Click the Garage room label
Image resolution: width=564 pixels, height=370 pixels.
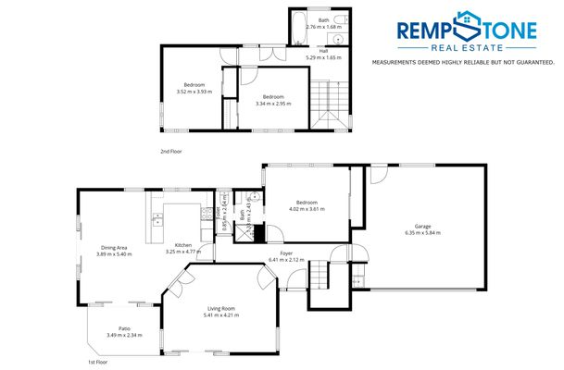pyautogui.click(x=422, y=226)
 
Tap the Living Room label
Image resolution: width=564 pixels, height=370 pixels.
pyautogui.click(x=219, y=309)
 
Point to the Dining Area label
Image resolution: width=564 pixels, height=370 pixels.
pyautogui.click(x=114, y=247)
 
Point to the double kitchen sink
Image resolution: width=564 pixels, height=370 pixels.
pyautogui.click(x=157, y=219)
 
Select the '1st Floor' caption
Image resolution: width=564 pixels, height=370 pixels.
pyautogui.click(x=98, y=362)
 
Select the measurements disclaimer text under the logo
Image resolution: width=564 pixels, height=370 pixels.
pyautogui.click(x=462, y=62)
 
